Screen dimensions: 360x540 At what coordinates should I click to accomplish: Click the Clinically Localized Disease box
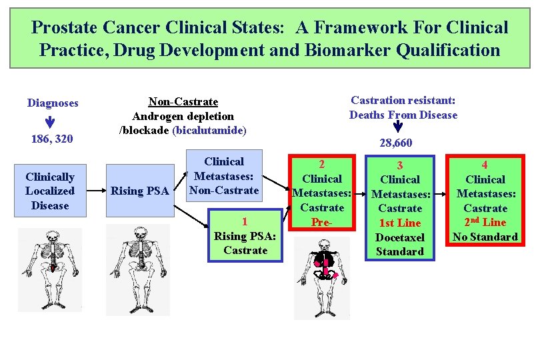click(50, 191)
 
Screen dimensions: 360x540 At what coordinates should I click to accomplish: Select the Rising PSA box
click(140, 191)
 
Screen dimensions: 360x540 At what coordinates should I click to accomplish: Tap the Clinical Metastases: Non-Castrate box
click(224, 176)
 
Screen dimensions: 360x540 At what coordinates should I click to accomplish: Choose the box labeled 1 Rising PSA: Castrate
click(245, 236)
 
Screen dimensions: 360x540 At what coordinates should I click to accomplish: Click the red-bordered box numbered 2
click(322, 193)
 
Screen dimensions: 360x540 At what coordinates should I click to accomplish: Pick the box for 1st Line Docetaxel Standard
click(400, 207)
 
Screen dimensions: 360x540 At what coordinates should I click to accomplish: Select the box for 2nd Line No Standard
click(485, 200)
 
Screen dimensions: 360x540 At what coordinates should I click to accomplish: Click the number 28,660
click(396, 143)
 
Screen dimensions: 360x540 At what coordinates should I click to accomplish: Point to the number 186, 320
click(51, 139)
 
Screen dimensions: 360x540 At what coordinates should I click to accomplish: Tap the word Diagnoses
click(53, 103)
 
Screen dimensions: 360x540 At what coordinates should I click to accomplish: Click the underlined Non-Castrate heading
click(183, 101)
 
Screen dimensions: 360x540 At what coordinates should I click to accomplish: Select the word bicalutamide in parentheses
click(209, 131)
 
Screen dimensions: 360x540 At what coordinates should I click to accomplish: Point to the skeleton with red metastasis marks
click(321, 277)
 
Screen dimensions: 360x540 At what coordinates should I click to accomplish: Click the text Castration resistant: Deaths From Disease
click(403, 107)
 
